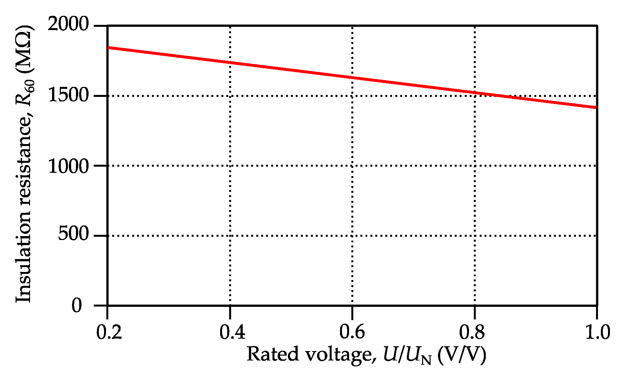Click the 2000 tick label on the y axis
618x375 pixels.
[x=68, y=24]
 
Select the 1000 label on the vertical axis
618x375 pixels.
[x=68, y=166]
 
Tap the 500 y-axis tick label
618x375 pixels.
[x=73, y=234]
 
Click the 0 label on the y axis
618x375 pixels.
[x=77, y=305]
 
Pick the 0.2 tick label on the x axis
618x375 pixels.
[x=109, y=332]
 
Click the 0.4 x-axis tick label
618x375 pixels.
[x=232, y=332]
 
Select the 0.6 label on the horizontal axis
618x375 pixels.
[x=352, y=332]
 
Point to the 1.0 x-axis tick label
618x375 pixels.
[x=597, y=332]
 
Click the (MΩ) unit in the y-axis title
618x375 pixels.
[x=25, y=49]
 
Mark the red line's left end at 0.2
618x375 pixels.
[x=108, y=48]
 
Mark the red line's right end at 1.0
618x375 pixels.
[x=596, y=108]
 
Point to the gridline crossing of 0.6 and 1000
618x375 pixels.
[x=352, y=166]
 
